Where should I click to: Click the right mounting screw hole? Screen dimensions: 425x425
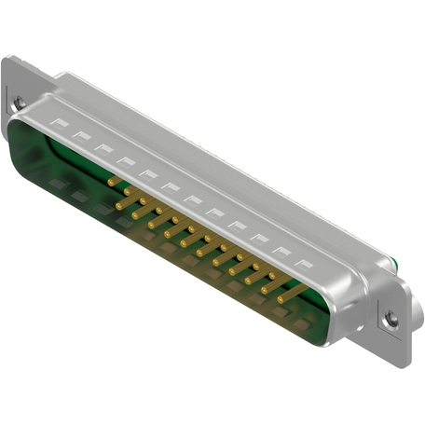[391, 319]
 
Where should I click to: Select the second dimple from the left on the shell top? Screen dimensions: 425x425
[81, 136]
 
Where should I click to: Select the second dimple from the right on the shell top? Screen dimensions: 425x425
[277, 251]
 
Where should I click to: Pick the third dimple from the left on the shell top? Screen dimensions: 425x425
[103, 149]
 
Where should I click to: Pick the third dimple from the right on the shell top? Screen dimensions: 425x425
[255, 238]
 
